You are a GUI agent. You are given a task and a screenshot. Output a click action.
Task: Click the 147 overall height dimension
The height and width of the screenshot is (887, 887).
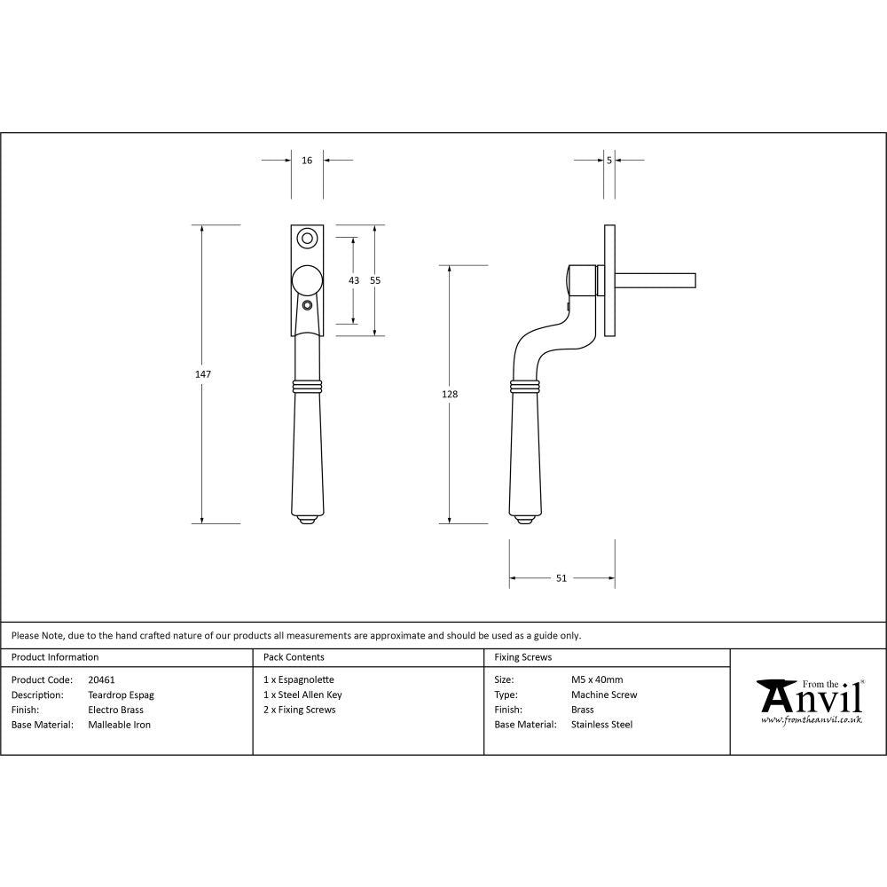(x=203, y=374)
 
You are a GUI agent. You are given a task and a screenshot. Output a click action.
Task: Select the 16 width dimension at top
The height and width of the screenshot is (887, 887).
(x=307, y=161)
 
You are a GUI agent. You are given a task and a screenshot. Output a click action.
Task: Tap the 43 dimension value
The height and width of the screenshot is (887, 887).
(x=354, y=280)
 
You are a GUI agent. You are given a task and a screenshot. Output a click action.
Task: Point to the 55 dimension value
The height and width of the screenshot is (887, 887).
(x=375, y=280)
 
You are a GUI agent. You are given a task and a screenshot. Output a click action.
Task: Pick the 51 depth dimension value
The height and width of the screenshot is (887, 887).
(x=561, y=578)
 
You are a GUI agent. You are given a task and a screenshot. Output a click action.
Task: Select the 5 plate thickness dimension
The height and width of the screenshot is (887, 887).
(x=609, y=161)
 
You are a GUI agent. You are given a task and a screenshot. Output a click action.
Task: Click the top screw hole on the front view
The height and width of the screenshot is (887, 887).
(x=307, y=238)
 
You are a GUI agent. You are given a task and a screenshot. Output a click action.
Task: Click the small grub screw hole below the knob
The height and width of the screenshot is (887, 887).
(x=307, y=305)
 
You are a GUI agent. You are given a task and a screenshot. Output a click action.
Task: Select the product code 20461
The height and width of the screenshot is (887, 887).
(x=102, y=680)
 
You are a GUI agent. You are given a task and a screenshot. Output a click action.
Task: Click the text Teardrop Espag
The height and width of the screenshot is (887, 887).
(x=121, y=695)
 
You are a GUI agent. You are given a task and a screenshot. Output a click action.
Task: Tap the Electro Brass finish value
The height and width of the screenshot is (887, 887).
(x=115, y=710)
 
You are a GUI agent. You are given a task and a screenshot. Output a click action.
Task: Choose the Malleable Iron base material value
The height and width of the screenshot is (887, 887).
(x=119, y=725)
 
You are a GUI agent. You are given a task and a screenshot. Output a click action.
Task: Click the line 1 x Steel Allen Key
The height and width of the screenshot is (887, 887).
(x=302, y=695)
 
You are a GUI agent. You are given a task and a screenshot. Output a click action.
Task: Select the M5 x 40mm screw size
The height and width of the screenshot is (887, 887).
(x=597, y=680)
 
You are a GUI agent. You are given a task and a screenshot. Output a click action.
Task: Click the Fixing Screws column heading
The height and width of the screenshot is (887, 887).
(x=522, y=657)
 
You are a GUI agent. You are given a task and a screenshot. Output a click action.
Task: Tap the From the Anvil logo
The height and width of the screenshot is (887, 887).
(x=809, y=702)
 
